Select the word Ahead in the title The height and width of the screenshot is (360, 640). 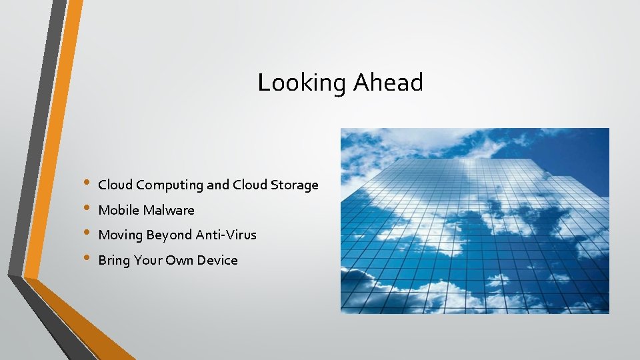click(x=388, y=83)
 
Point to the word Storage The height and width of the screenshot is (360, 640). click(x=295, y=185)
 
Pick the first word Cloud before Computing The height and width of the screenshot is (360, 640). click(x=115, y=185)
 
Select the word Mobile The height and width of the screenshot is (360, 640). click(x=119, y=210)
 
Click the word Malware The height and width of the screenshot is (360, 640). click(x=169, y=210)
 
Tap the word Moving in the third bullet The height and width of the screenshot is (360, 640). click(x=121, y=235)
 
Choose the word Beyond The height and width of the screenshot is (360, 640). click(x=169, y=235)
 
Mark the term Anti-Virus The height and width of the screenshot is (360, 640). click(x=226, y=235)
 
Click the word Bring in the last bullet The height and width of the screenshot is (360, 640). click(x=113, y=261)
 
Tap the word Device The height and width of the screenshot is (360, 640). click(x=217, y=260)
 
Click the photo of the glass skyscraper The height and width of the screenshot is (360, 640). click(x=475, y=221)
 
